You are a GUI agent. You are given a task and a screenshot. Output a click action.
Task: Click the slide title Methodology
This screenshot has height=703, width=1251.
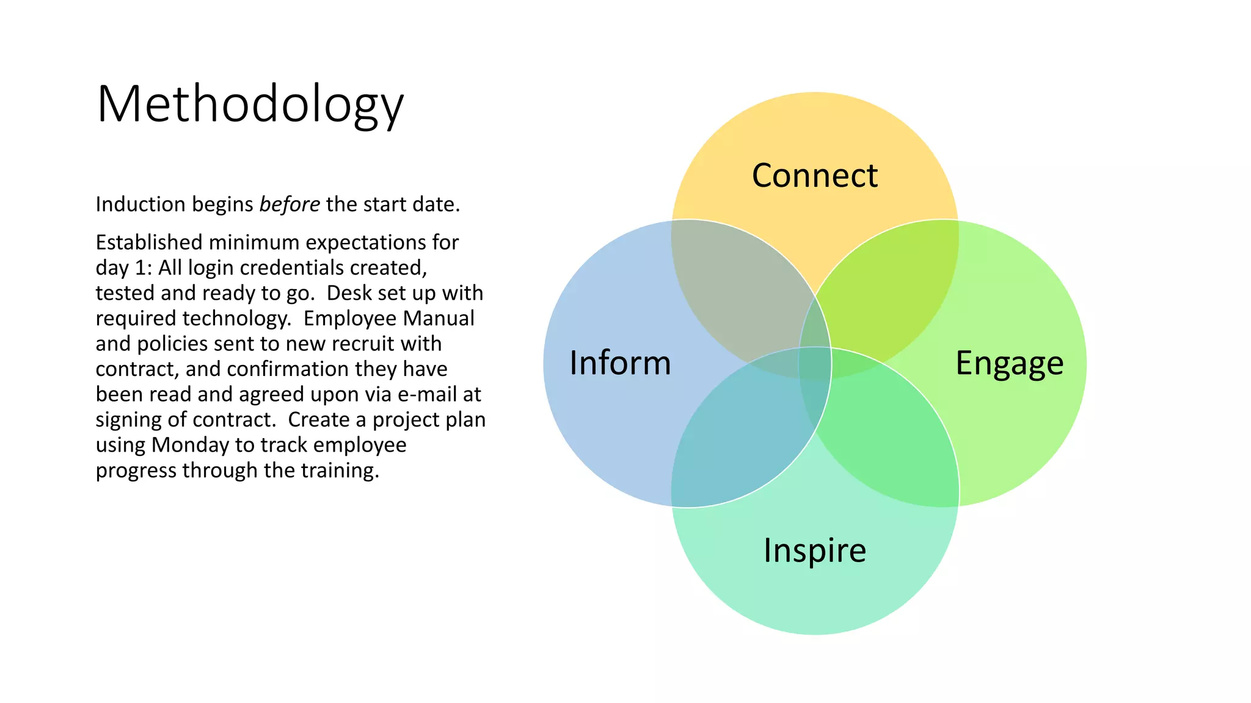point(250,104)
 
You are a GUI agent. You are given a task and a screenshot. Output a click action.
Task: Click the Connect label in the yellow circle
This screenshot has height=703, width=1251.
point(814,176)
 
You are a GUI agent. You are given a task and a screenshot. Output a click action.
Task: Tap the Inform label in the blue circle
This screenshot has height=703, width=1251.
point(620,363)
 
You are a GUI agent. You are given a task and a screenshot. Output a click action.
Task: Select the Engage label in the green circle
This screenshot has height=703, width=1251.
point(1009,363)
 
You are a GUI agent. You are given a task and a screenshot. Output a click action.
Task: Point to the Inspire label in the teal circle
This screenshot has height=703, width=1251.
point(815,550)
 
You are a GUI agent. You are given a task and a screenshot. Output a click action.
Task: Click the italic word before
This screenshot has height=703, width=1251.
point(289,204)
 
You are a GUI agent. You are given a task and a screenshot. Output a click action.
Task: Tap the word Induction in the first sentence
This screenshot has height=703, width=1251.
point(140,204)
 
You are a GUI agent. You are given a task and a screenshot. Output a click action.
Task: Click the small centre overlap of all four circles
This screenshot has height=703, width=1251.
point(815,363)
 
